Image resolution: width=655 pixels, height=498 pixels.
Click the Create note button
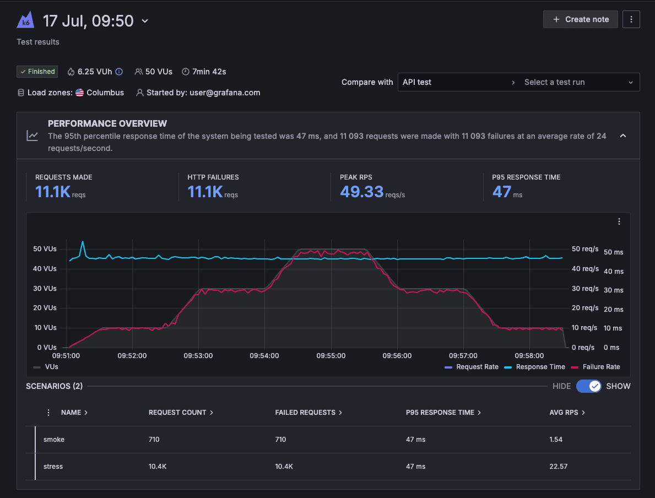point(581,19)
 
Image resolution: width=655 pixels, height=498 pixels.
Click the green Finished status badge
point(37,72)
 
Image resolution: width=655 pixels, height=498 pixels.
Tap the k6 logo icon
point(25,21)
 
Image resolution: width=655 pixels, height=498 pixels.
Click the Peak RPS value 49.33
point(361,192)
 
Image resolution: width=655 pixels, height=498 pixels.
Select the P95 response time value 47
point(501,192)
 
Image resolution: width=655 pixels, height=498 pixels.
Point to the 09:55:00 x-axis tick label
point(331,356)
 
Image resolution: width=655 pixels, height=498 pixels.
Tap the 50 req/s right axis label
point(585,249)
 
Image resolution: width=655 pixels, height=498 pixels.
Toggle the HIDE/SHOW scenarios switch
point(589,386)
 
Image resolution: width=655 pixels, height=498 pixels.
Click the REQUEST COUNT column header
point(177,413)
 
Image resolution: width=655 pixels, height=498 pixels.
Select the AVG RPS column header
point(564,413)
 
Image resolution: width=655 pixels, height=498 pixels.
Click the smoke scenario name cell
point(54,440)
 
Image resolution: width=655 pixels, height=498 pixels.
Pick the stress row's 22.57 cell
point(558,467)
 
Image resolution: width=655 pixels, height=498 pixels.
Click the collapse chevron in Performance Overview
point(623,136)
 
